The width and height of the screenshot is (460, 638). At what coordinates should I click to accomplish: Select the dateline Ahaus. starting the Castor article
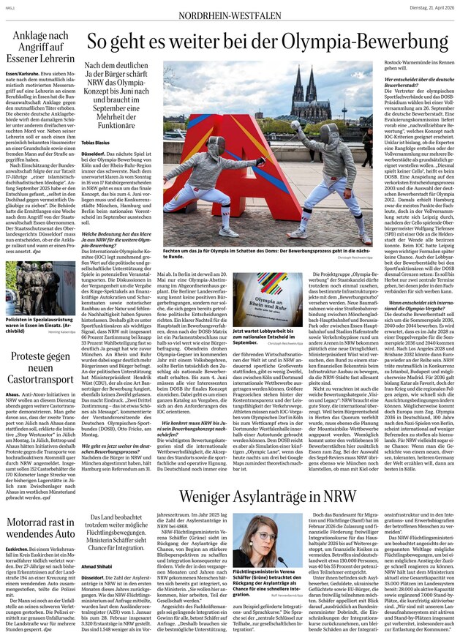click(x=12, y=393)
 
